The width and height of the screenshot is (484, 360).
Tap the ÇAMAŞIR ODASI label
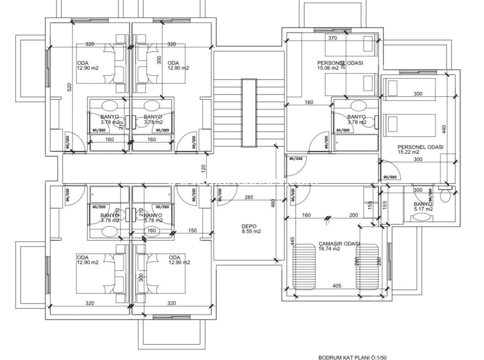click(339, 246)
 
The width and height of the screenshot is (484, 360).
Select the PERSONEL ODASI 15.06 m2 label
click(340, 65)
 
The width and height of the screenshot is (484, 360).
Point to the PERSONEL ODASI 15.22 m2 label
click(420, 149)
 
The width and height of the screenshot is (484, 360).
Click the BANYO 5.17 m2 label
click(423, 206)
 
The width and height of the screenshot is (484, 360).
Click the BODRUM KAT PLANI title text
click(352, 358)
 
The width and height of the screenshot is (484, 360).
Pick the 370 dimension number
click(332, 38)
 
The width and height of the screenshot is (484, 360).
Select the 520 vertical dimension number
click(70, 87)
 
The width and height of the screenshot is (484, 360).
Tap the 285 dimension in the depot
click(249, 197)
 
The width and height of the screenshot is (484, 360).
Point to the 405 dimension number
click(336, 286)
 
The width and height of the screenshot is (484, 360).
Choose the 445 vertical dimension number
click(292, 242)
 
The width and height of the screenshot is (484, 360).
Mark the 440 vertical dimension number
click(444, 129)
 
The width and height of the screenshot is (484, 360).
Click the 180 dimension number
click(309, 103)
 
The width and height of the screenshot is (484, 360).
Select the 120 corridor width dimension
click(204, 169)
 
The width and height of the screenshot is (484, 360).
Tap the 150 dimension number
click(192, 231)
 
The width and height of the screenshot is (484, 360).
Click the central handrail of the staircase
click(249, 113)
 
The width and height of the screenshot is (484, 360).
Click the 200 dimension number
click(353, 215)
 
